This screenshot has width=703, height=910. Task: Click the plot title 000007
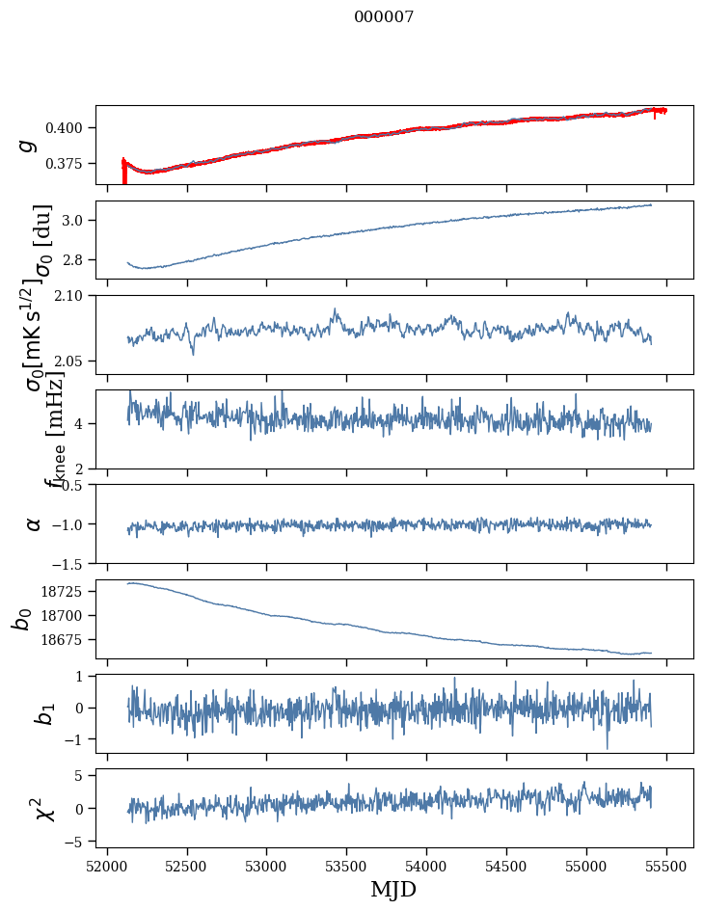[x=384, y=17]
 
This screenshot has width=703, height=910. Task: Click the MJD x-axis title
[x=394, y=889]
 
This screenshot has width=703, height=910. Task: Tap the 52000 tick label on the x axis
[x=107, y=867]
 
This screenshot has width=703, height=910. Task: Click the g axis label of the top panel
[x=29, y=145]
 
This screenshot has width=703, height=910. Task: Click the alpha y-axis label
[x=34, y=523]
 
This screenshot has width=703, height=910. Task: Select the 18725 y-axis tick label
[x=68, y=591]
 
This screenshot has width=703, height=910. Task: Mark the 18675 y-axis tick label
[x=68, y=640]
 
